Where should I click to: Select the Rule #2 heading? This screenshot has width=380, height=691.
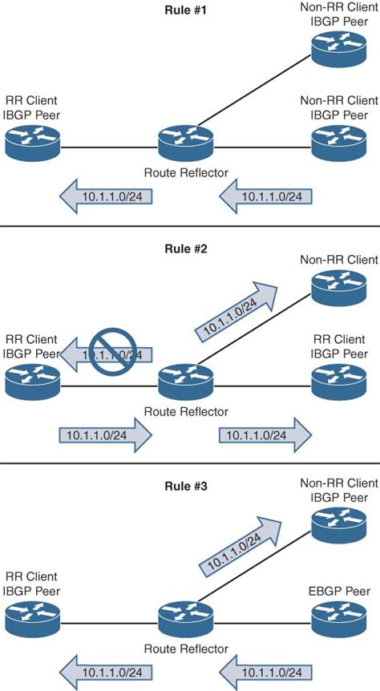[x=187, y=249]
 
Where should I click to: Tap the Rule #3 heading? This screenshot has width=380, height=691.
[x=187, y=485]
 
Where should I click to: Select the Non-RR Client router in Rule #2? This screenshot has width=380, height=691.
[x=338, y=288]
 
